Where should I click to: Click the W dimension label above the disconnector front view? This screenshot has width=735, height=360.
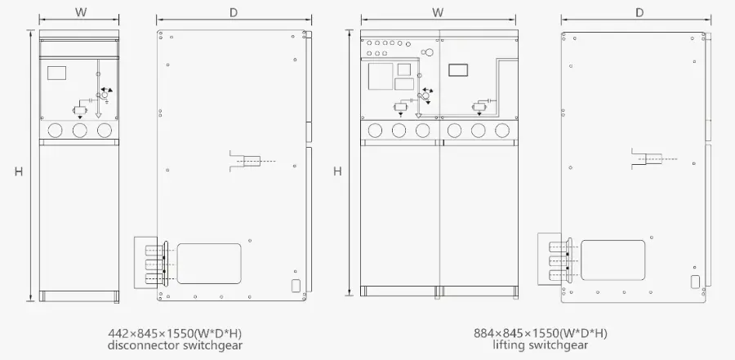point(81,12)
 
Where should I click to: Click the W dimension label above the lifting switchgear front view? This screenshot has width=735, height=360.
point(438,12)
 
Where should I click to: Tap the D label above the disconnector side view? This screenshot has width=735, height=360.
point(234,13)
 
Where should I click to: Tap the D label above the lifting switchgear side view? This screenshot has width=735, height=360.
point(639,13)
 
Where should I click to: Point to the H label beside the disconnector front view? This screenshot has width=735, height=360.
point(18,171)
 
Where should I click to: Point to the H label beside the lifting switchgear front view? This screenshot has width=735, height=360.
point(337,171)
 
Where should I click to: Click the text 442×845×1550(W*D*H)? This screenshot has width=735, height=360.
point(176,334)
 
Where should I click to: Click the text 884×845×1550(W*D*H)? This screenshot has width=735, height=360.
point(541,334)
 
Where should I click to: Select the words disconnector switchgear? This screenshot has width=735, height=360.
point(176,345)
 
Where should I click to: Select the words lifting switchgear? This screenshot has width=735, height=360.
point(541,345)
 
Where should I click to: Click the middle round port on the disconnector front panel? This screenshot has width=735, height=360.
point(80,130)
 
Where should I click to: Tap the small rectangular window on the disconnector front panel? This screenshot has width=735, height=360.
point(56,73)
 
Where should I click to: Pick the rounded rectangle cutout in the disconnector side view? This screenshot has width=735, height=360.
point(209,264)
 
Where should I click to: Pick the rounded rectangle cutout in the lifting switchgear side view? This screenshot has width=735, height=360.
point(613,260)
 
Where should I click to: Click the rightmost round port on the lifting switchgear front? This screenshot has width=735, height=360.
point(502,131)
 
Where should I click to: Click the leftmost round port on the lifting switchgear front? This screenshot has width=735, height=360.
point(375,131)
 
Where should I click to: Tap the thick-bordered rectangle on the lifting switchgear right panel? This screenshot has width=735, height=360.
point(458,70)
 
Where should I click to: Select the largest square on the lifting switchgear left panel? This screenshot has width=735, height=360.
point(381,77)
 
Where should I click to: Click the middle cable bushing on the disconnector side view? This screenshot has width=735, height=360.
point(157,263)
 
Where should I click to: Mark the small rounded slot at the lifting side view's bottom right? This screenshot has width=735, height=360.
point(695,282)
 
